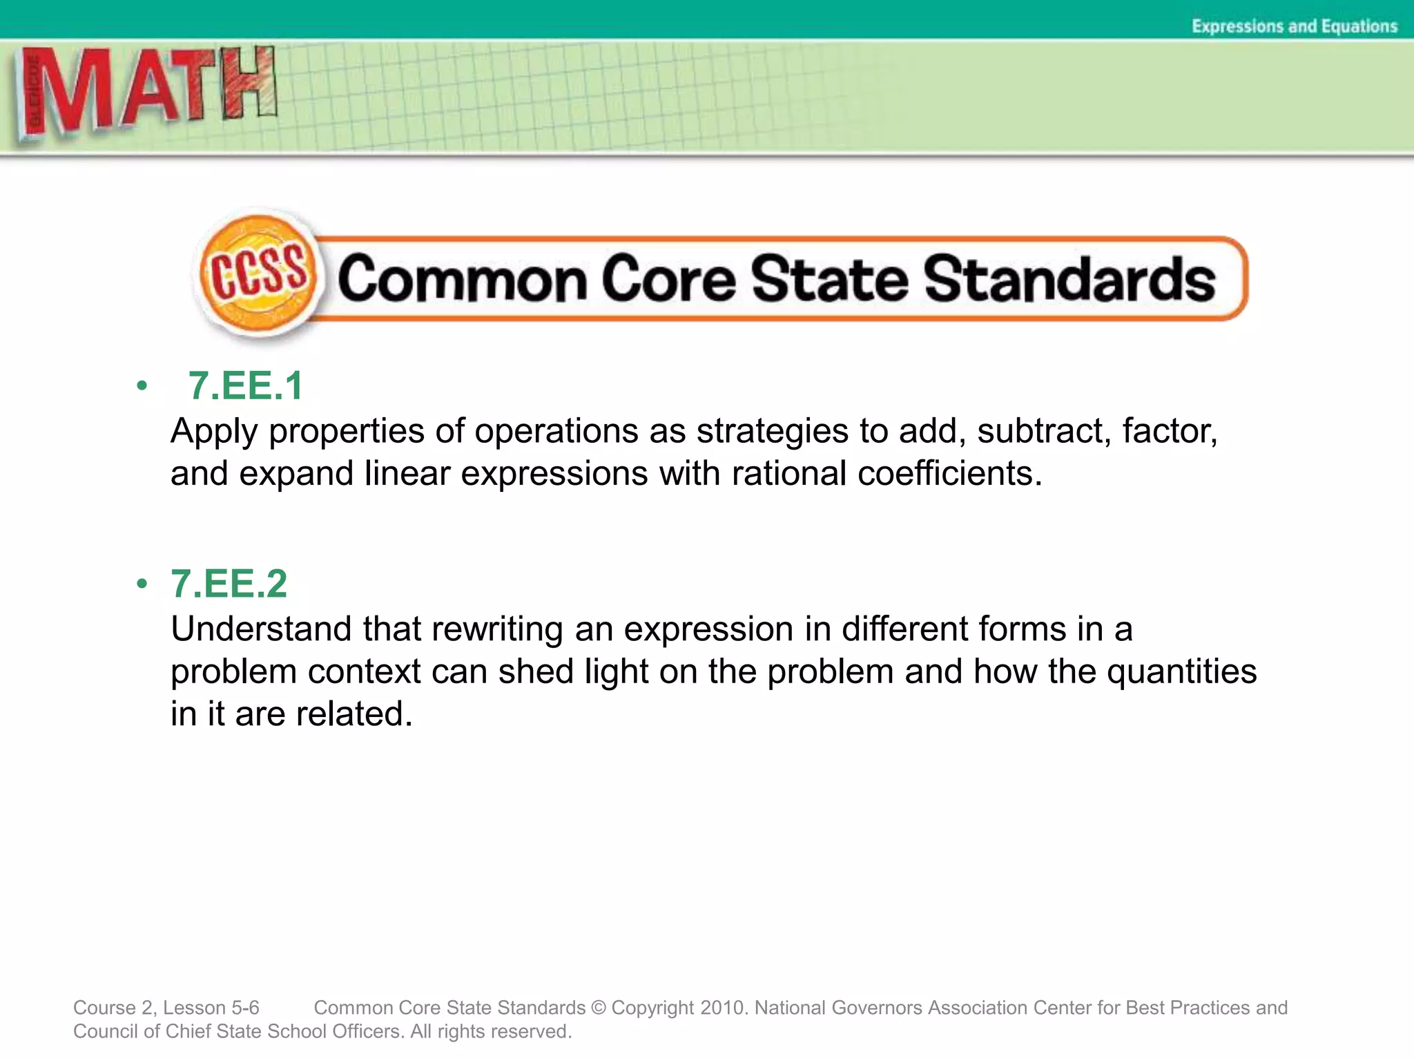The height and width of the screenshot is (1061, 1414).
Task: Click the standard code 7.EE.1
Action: point(245,385)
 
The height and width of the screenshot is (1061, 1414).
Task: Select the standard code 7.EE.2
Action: point(229,584)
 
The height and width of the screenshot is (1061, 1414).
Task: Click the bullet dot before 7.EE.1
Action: point(142,385)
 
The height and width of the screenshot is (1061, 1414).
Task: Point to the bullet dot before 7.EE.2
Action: point(142,584)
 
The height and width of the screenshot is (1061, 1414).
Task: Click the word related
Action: point(354,714)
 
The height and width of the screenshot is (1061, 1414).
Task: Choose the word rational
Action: point(789,474)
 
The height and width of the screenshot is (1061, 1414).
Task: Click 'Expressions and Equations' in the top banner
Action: point(1294,26)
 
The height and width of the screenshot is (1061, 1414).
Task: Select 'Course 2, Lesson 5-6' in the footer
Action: point(166,1008)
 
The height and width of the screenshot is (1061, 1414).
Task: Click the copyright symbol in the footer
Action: point(599,1008)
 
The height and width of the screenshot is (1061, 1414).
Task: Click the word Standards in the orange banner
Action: point(1069,279)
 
